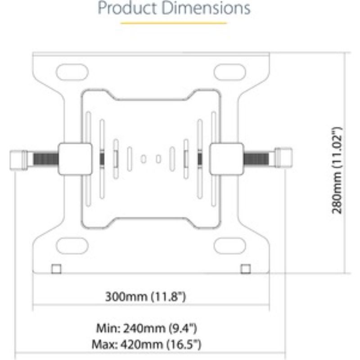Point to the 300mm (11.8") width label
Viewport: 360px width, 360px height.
[145, 297]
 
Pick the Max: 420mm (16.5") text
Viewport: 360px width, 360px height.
[146, 345]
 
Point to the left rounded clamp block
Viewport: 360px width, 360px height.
[73, 158]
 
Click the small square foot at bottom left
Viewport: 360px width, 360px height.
[56, 269]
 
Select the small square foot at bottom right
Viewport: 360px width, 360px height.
[245, 269]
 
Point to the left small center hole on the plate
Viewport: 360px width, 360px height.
[144, 158]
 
